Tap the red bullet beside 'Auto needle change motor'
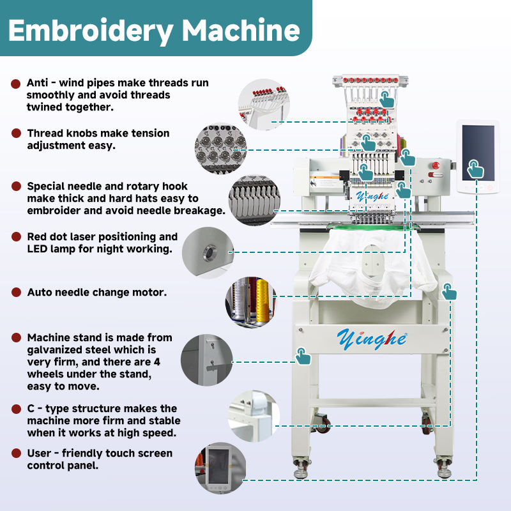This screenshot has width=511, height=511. [15, 292]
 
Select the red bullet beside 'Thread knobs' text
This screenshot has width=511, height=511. [15, 133]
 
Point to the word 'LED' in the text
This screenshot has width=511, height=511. [39, 248]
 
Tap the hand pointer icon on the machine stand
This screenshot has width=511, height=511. [302, 356]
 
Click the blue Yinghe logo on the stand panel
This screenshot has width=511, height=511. [371, 337]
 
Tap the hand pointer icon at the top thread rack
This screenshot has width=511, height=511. [386, 98]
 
